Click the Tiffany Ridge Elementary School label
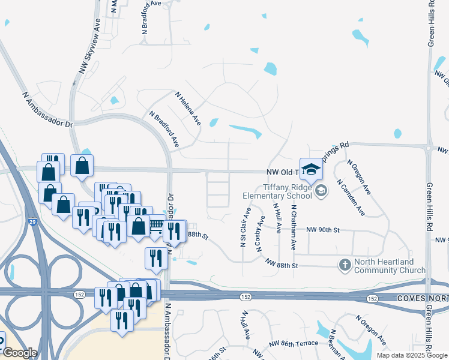[277, 191]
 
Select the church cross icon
[345, 265]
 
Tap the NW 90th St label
[323, 230]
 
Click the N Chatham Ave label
[294, 227]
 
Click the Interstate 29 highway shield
[31, 223]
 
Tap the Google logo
[20, 353]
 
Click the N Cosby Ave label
[261, 238]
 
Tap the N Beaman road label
[336, 347]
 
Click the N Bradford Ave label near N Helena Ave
[164, 128]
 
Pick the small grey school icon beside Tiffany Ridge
[321, 191]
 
